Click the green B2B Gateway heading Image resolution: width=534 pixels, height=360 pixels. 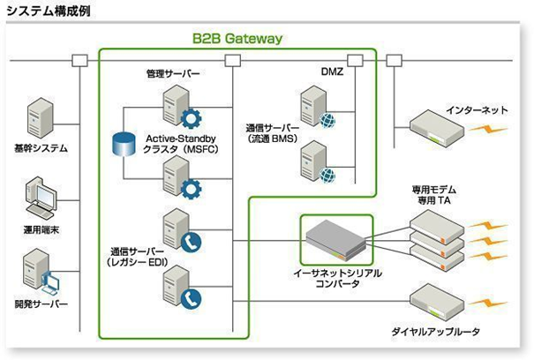(x=237, y=38)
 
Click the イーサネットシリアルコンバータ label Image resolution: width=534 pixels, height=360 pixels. (x=337, y=280)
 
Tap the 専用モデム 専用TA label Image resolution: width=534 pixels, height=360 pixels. (x=433, y=195)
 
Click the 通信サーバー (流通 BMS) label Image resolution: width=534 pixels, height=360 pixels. (x=271, y=133)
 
